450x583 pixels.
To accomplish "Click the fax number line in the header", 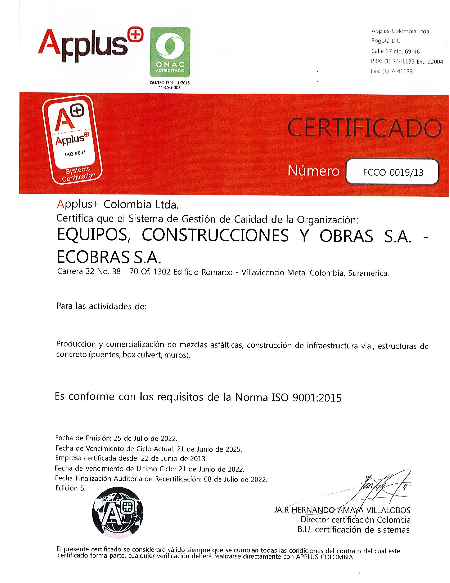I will (392, 71).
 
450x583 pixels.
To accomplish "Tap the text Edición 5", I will (70, 488).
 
